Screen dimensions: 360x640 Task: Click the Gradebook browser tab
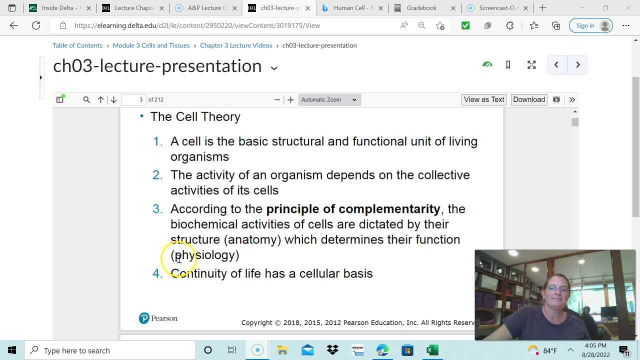[421, 8]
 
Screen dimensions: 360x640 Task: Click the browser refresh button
[36, 25]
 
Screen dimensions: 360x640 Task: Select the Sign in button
[590, 25]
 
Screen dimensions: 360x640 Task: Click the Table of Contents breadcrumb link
[77, 45]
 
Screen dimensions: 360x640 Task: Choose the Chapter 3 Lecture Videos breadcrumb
[236, 45]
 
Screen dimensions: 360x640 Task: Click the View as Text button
[483, 99]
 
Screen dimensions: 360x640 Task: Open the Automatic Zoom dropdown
[329, 99]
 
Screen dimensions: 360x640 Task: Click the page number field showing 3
[133, 99]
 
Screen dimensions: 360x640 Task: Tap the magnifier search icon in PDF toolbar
[86, 99]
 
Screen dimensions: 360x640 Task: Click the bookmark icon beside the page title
[508, 65]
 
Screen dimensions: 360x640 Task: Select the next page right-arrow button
[577, 65]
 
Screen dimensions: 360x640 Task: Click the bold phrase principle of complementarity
[353, 209]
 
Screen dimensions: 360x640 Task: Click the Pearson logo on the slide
[158, 318]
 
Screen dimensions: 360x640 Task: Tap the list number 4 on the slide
[157, 273]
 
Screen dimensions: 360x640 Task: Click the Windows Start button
[12, 350]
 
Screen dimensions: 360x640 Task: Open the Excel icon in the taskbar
[432, 350]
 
